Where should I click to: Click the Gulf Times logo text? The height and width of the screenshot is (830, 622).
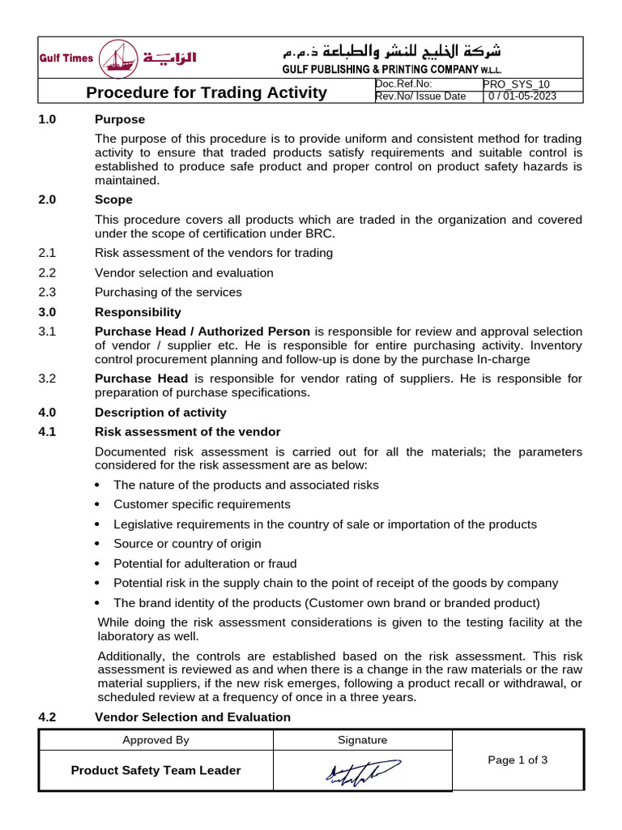(66, 58)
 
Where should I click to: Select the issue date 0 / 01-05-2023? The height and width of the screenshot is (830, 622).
(522, 96)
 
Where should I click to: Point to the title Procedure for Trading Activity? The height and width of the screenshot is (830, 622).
(207, 92)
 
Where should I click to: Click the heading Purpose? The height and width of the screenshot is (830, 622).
(120, 120)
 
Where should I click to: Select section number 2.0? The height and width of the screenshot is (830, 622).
(47, 199)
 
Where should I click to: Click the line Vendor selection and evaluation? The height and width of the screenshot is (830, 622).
(184, 272)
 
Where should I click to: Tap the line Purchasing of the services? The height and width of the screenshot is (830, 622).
(168, 292)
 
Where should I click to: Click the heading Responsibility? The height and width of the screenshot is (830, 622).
(138, 312)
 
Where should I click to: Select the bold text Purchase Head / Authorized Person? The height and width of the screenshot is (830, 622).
(202, 332)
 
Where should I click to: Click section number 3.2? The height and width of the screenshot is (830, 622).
(47, 379)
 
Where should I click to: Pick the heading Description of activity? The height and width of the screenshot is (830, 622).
(160, 412)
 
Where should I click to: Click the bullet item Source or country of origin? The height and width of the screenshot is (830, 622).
(187, 544)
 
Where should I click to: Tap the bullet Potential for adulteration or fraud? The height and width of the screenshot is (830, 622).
(205, 563)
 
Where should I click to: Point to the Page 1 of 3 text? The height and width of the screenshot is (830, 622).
(518, 760)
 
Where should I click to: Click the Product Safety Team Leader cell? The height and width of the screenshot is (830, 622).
(155, 771)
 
